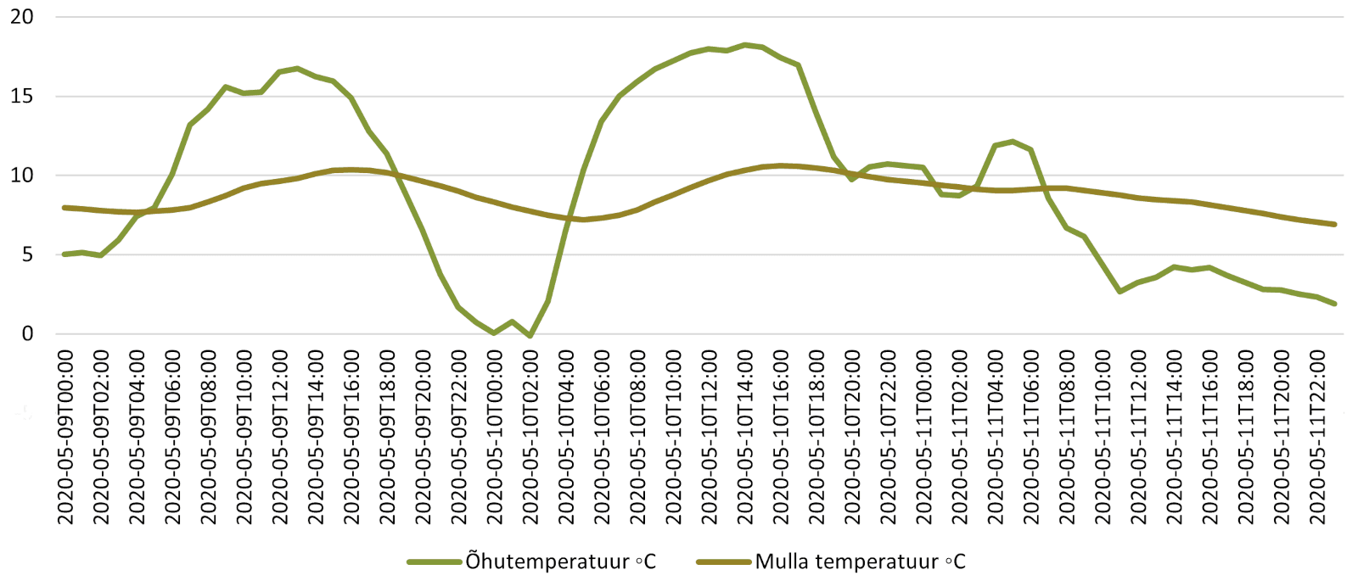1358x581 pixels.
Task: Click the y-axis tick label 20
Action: [x=22, y=17]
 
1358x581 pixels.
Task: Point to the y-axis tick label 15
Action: [x=22, y=97]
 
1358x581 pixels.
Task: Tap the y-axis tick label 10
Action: [x=22, y=176]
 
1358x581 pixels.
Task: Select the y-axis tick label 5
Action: [x=28, y=254]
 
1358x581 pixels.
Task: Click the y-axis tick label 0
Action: [x=28, y=334]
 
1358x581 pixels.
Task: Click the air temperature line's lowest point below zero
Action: [x=530, y=337]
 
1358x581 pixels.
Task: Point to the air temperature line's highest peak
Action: [x=744, y=45]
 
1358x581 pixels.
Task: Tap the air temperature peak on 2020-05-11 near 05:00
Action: [x=1013, y=142]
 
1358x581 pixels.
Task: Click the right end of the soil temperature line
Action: [x=1334, y=225]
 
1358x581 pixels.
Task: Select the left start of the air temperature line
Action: [x=65, y=254]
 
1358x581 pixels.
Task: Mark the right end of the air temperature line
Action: [x=1334, y=304]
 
